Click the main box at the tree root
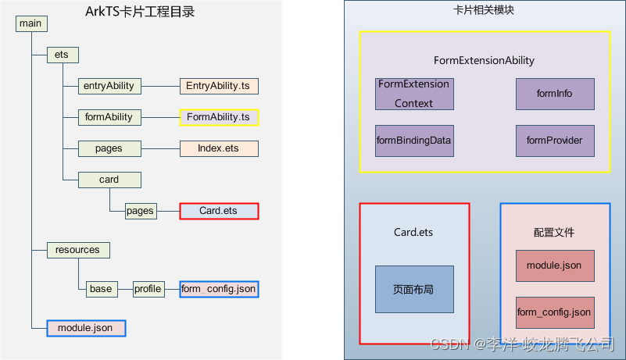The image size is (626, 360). point(31,23)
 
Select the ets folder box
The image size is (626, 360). point(63,55)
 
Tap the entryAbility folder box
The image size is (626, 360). point(109,86)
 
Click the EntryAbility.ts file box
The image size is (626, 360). point(219,86)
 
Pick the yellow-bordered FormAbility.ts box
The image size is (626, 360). point(219,117)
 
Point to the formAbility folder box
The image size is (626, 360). point(109,117)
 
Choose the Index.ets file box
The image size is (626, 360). point(219,148)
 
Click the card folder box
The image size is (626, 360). point(109,180)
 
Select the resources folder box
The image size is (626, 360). point(78,250)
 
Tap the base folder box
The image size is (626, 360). point(101,289)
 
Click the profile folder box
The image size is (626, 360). point(148,289)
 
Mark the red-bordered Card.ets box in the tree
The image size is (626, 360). point(219,211)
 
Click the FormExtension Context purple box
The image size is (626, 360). point(414,94)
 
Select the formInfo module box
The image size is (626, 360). point(555,94)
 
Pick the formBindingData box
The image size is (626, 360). point(414,141)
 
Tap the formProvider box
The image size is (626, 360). point(555,141)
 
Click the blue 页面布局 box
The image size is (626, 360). point(414,289)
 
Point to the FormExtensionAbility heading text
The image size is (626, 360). point(485,60)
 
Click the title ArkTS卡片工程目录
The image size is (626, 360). point(140,12)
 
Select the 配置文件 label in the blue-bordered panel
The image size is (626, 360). point(554,233)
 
